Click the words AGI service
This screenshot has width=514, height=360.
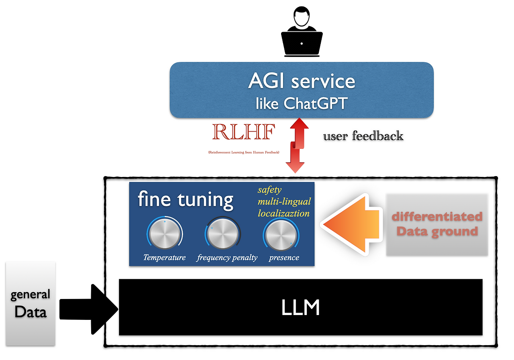[x=302, y=81]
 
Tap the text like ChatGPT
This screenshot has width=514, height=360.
[x=302, y=104]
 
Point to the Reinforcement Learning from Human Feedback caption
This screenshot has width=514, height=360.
[x=244, y=153]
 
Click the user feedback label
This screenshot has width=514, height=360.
[x=363, y=136]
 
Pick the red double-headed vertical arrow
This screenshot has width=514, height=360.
[x=296, y=145]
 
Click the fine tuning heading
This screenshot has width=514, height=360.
[x=186, y=199]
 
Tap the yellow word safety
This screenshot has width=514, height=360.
[x=269, y=189]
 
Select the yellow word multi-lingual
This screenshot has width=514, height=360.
[x=284, y=201]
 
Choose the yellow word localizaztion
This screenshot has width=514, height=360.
[x=284, y=213]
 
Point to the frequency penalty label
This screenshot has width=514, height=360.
[x=227, y=258]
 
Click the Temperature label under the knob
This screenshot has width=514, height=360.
[x=165, y=258]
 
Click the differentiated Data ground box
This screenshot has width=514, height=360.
[x=437, y=224]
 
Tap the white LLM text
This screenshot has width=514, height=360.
[x=300, y=308]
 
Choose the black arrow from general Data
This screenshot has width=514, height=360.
[x=88, y=309]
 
